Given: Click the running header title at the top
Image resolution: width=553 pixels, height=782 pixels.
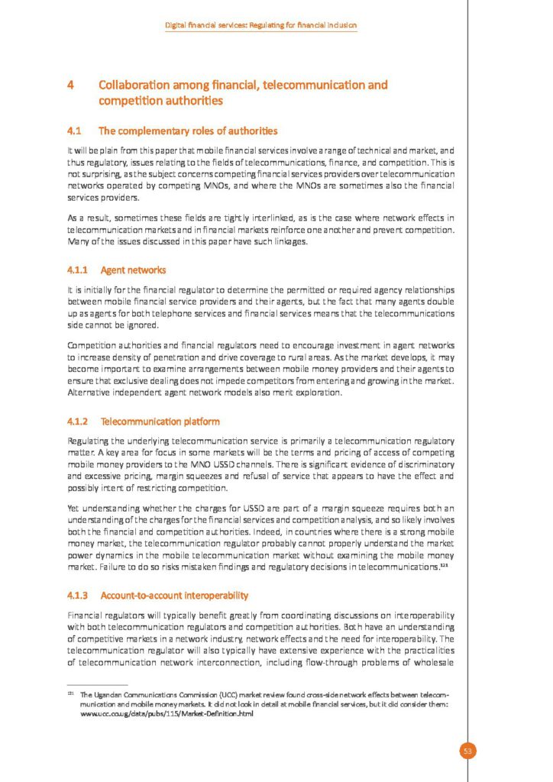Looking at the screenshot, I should [x=262, y=26].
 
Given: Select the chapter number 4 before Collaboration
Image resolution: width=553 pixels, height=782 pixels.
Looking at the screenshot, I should [x=71, y=86].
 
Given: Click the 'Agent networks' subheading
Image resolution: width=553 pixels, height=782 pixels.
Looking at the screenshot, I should [x=134, y=270].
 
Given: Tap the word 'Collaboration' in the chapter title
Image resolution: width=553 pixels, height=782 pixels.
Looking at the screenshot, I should [x=137, y=86].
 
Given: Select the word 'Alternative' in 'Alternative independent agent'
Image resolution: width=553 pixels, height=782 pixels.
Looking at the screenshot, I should [x=89, y=393].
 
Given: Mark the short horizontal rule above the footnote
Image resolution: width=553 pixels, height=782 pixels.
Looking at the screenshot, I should [x=98, y=684].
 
